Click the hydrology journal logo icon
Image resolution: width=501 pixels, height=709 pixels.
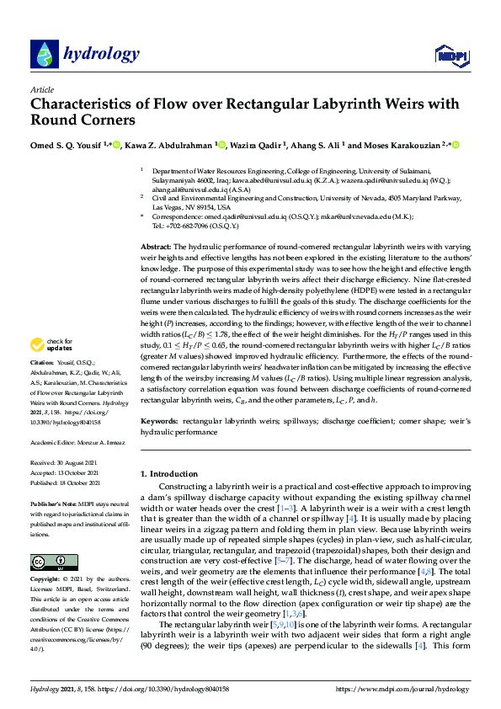(44, 55)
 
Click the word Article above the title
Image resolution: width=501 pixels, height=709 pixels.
(41, 89)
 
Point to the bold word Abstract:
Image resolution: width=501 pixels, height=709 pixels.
(155, 244)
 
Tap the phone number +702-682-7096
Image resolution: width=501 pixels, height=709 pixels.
(186, 227)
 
